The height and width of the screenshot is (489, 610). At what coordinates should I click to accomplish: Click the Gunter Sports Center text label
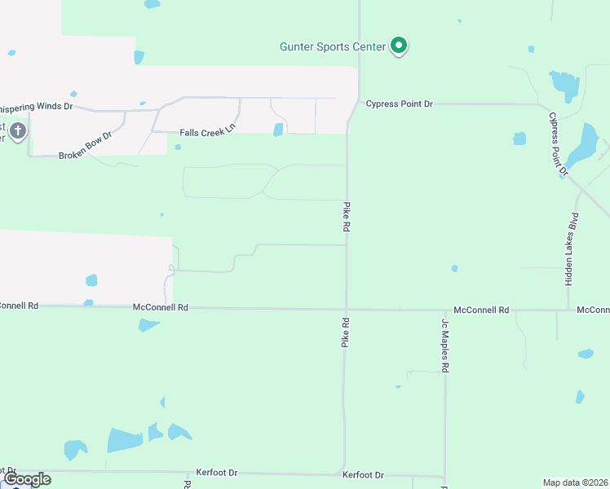(x=332, y=46)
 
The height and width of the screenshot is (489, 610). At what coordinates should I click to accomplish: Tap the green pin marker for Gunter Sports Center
(x=399, y=46)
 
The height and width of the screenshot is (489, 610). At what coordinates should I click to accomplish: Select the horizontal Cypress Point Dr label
(x=399, y=104)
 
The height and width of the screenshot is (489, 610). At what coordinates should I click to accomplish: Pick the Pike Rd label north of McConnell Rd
(x=347, y=218)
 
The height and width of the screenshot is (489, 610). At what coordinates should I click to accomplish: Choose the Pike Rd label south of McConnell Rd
(x=345, y=333)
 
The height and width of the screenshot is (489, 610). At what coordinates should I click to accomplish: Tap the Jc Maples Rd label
(x=446, y=346)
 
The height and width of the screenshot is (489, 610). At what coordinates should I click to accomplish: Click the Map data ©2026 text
(x=575, y=482)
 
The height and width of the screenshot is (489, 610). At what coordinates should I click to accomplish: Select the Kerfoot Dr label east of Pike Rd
(x=363, y=474)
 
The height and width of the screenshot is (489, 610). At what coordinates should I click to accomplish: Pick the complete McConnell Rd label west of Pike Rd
(x=161, y=307)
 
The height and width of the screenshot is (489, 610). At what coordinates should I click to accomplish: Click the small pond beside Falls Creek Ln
(x=279, y=130)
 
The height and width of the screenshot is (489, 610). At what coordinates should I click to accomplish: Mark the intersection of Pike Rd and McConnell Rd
(x=346, y=309)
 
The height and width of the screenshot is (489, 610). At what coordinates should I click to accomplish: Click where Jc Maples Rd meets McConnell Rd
(x=445, y=310)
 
